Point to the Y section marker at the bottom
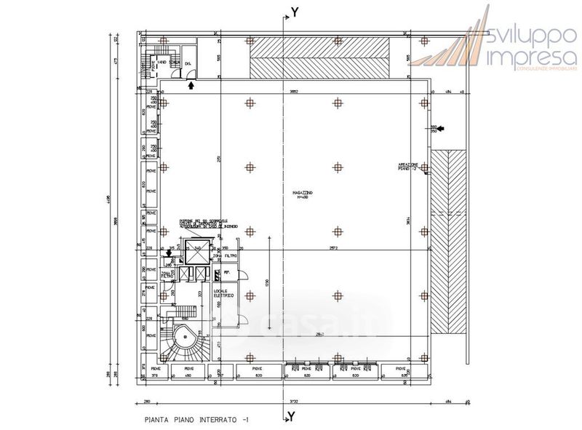pos(292,415)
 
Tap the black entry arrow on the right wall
pos(442,129)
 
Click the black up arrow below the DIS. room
pos(191,85)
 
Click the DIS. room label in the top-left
pos(188,65)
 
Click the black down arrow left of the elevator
pos(169,253)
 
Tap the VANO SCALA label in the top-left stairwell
pos(162,64)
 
